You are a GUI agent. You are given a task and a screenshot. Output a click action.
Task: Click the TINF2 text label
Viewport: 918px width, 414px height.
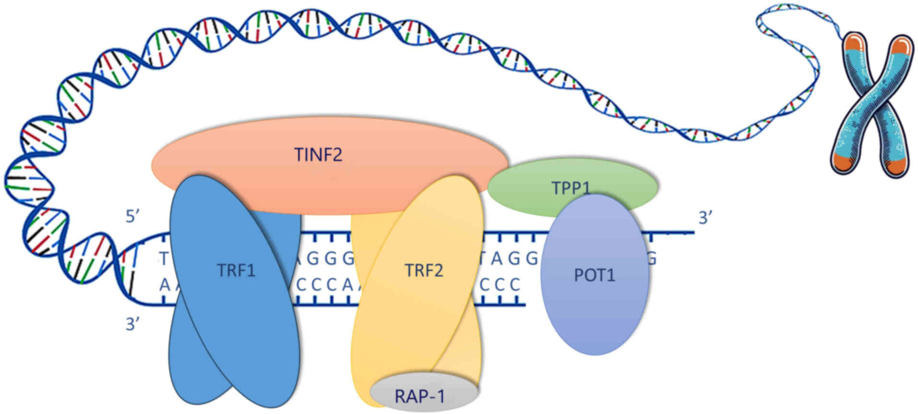318,155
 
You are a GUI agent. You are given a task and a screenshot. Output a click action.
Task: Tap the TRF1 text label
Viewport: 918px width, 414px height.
236,270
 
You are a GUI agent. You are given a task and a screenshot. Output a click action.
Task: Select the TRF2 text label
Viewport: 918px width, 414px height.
423,270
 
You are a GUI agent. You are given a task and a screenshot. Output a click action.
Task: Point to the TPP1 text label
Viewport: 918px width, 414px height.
570,187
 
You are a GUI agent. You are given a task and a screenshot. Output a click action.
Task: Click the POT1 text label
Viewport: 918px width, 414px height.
595,275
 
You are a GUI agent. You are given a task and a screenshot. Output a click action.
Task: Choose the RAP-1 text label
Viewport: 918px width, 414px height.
420,396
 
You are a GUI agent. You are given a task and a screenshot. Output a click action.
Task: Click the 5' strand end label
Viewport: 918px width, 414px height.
132,217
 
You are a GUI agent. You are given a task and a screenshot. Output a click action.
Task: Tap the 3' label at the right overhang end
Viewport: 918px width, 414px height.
705,218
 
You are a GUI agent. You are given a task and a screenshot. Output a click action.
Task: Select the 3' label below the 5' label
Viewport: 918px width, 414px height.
132,324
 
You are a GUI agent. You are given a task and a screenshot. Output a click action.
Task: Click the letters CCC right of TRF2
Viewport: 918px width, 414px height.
500,285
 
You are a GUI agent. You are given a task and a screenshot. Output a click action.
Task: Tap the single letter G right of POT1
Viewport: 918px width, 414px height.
652,259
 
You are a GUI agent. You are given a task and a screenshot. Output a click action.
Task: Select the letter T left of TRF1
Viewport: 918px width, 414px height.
164,259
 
